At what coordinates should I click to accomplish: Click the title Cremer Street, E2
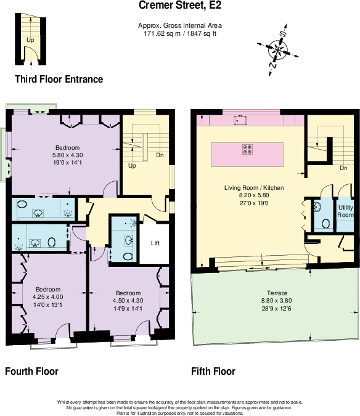(x=180, y=6)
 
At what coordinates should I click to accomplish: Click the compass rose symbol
(x=278, y=47)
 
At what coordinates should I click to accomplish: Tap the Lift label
(x=155, y=243)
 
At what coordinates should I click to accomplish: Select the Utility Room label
(x=346, y=211)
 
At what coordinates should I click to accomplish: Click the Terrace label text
(x=276, y=293)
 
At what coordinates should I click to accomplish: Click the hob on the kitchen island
(x=248, y=149)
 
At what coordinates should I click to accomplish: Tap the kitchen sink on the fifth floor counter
(x=240, y=121)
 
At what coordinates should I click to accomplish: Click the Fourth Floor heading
(x=32, y=372)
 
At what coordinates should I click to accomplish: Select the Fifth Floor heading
(x=214, y=372)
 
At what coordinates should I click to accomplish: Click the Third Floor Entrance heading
(x=59, y=80)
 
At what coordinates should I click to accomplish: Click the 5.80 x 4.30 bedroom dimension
(x=67, y=156)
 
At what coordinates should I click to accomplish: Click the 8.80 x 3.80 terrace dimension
(x=276, y=301)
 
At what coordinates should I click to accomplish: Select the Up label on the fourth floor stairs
(x=132, y=166)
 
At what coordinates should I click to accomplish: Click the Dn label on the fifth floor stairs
(x=343, y=167)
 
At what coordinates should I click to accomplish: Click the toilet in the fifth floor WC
(x=318, y=208)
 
